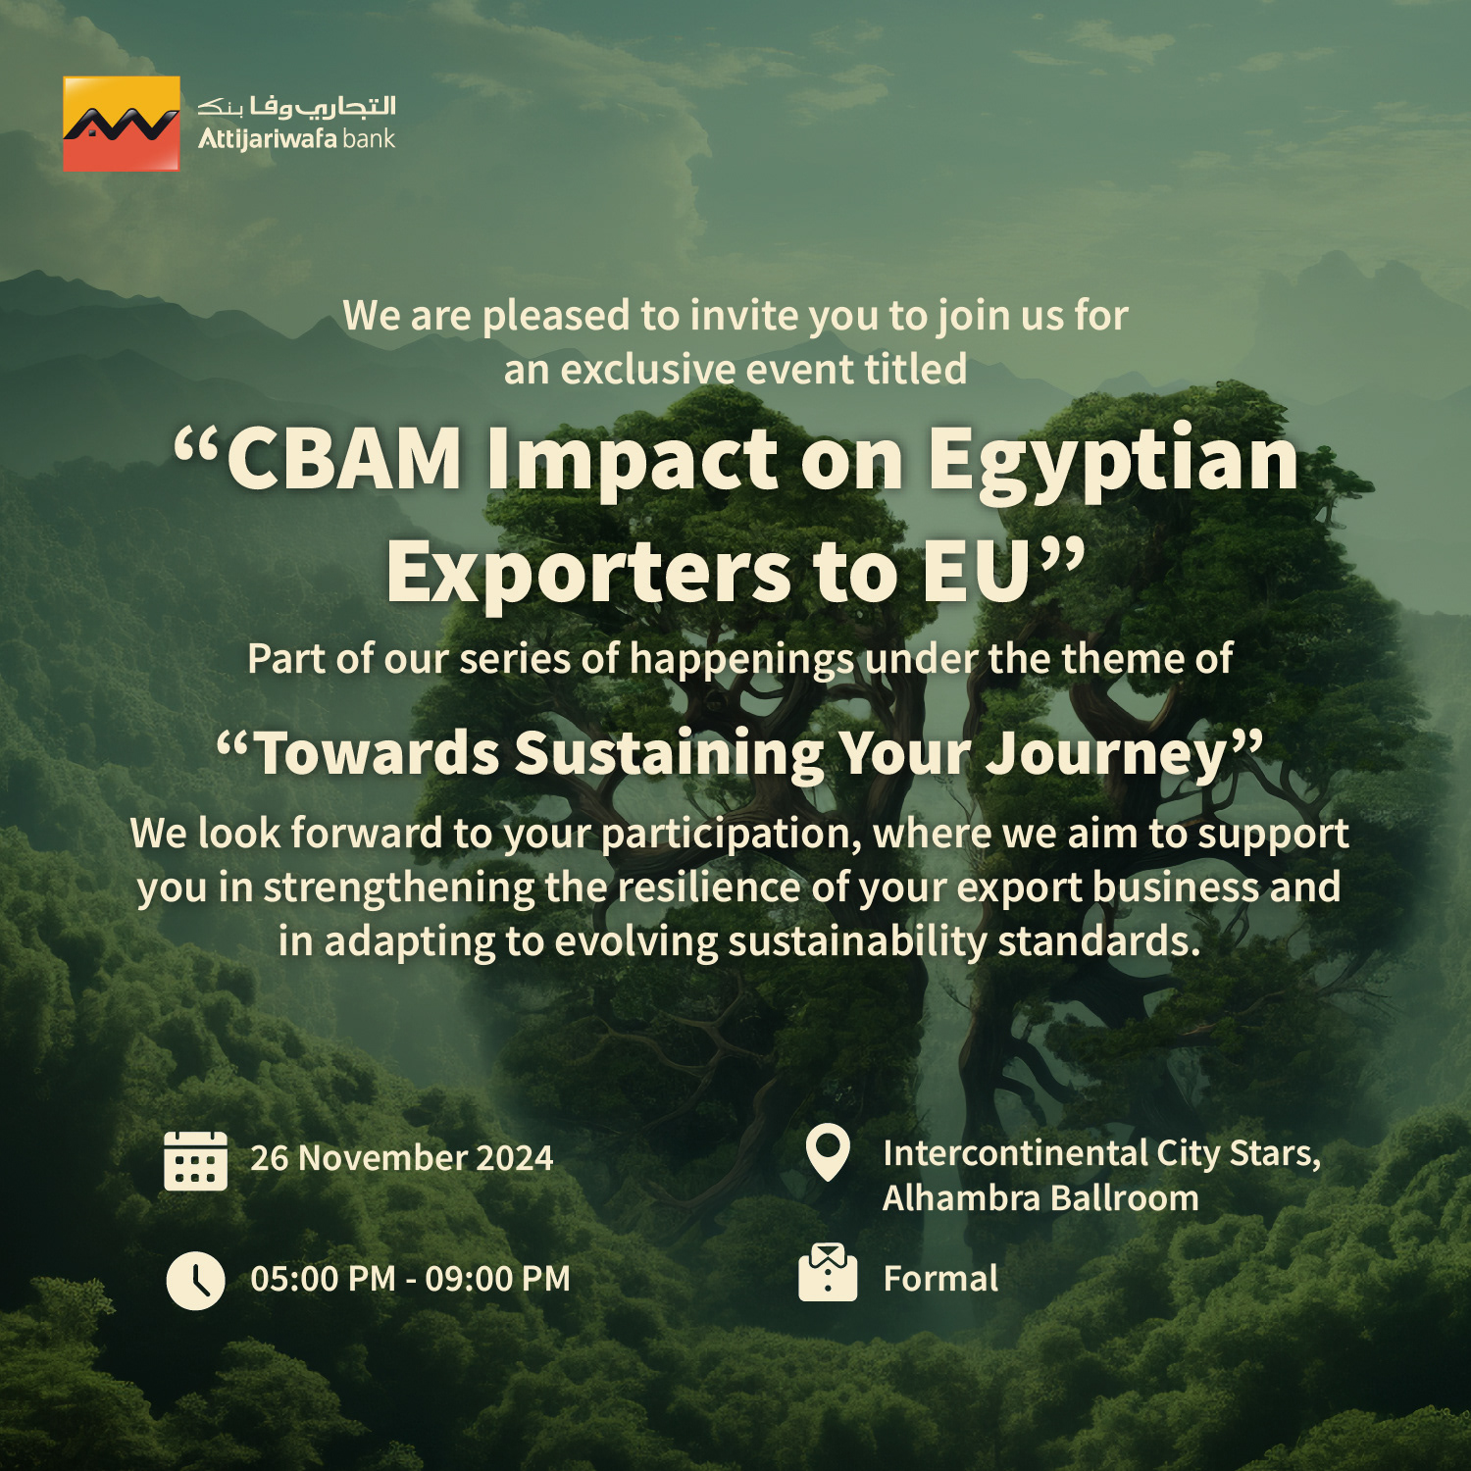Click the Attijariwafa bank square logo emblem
pyautogui.click(x=122, y=125)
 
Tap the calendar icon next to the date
pyautogui.click(x=195, y=1160)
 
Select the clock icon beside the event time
pyautogui.click(x=195, y=1280)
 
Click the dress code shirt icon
pyautogui.click(x=828, y=1273)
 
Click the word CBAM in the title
pyautogui.click(x=344, y=459)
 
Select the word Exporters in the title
pyautogui.click(x=588, y=573)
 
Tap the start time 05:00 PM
pyautogui.click(x=324, y=1279)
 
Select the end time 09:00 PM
pyautogui.click(x=497, y=1279)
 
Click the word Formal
pyautogui.click(x=940, y=1279)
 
